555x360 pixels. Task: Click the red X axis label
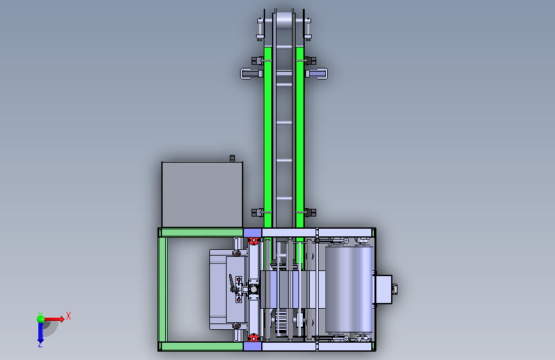68,316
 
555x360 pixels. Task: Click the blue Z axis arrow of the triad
40,333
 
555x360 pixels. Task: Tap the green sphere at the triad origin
41,319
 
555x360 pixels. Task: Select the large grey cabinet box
202,195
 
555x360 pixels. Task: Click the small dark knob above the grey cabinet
232,158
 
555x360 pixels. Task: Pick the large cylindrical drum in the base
349,290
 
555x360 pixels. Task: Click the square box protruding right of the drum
383,289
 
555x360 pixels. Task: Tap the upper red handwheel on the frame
253,241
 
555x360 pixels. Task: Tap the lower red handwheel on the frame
253,337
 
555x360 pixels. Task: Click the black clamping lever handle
232,283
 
